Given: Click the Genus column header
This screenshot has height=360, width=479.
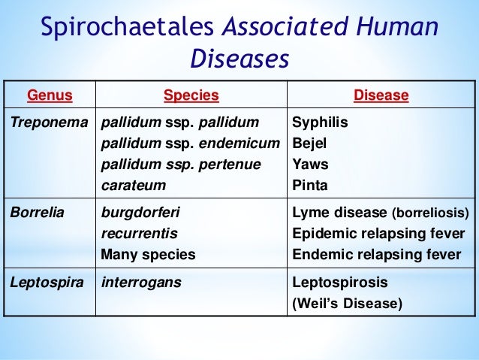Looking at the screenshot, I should click(x=50, y=95).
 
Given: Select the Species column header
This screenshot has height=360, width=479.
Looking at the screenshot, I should click(x=191, y=95).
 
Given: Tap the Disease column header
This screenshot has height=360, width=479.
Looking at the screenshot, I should click(x=381, y=95).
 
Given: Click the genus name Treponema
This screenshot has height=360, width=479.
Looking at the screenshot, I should click(x=50, y=122).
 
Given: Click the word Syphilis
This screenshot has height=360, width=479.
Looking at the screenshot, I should click(x=320, y=122).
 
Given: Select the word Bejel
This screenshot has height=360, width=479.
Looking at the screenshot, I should click(x=310, y=143).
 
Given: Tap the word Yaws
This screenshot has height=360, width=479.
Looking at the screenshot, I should click(x=310, y=164).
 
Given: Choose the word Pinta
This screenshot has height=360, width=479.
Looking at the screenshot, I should click(x=309, y=185).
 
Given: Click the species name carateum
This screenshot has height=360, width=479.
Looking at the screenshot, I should click(x=134, y=185).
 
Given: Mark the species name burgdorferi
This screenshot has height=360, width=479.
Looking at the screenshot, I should click(x=140, y=212).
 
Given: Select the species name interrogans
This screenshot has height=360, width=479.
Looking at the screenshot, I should click(x=140, y=283).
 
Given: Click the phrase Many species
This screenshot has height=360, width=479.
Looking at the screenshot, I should click(x=148, y=254).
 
